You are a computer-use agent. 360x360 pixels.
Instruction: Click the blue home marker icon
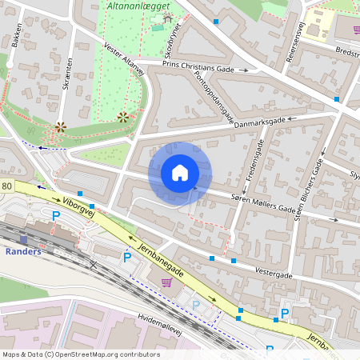(180, 173)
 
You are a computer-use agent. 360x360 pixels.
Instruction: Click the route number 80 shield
(6, 186)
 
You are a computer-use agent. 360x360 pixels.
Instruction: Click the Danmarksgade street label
(258, 122)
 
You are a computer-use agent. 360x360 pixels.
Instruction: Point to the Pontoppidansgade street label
(214, 96)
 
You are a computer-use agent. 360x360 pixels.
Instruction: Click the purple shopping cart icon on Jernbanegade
(166, 282)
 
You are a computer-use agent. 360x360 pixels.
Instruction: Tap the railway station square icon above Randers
(23, 238)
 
